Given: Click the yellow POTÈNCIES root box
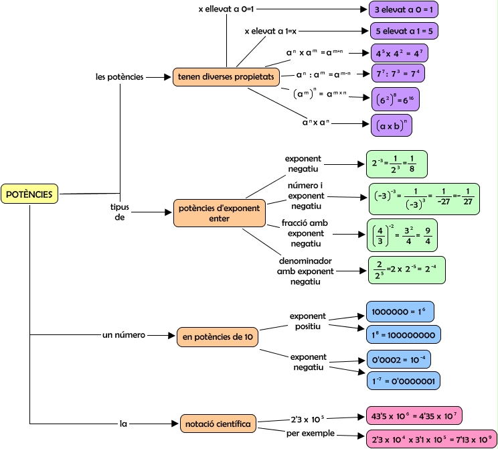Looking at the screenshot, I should click(x=31, y=194).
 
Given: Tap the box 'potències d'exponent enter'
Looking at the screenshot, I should click(x=219, y=213).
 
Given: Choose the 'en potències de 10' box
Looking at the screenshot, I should click(x=218, y=337).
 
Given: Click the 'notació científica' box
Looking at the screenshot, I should click(x=219, y=424).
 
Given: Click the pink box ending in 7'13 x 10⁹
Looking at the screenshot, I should click(x=431, y=439).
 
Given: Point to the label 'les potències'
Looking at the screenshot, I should click(x=120, y=77).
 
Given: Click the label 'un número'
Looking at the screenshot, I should click(x=124, y=334).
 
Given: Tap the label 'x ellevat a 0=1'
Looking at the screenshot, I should click(x=227, y=10).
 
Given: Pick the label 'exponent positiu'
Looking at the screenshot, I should click(x=308, y=321).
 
